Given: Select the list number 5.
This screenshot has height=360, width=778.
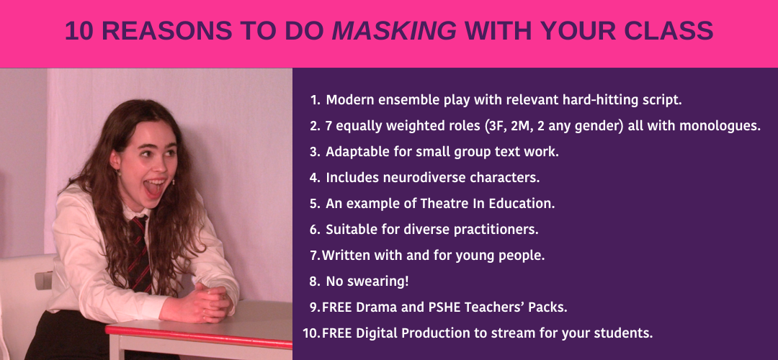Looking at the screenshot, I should (x=314, y=203).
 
